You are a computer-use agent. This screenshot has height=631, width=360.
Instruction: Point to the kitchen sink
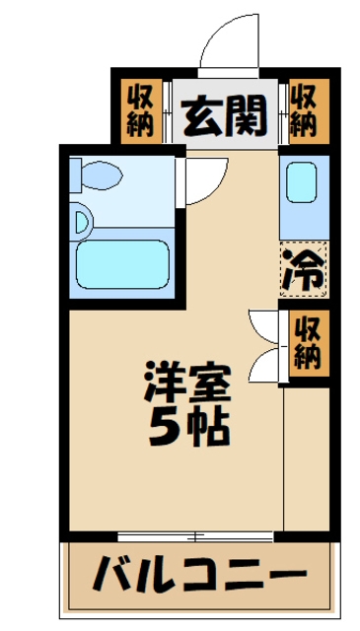(x=301, y=181)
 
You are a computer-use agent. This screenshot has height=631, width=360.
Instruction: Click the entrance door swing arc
(x=229, y=39)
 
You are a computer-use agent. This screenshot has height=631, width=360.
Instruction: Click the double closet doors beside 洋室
(x=264, y=345)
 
